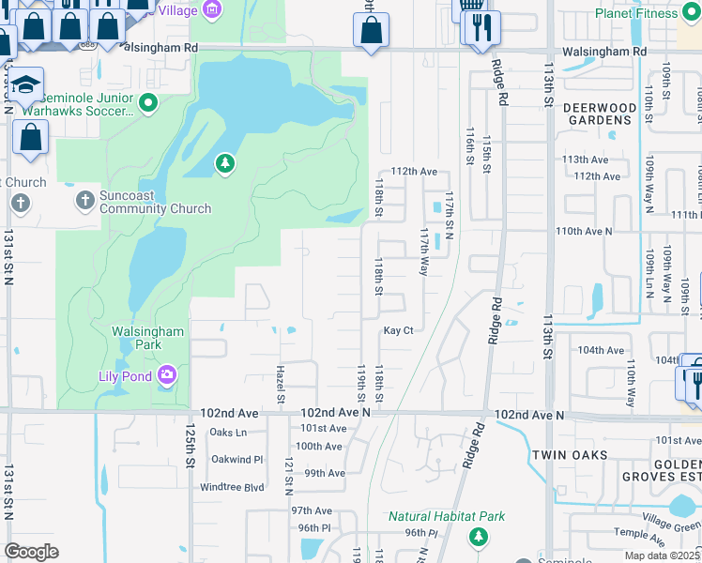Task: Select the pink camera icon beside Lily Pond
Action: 167,376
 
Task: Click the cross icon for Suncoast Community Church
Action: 84,199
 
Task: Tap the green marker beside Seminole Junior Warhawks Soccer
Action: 148,102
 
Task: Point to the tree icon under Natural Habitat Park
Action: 479,537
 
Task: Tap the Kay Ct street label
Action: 398,330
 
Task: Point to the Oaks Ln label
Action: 228,432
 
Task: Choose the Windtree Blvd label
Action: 232,487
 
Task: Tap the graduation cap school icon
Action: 28,85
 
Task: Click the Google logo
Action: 32,551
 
